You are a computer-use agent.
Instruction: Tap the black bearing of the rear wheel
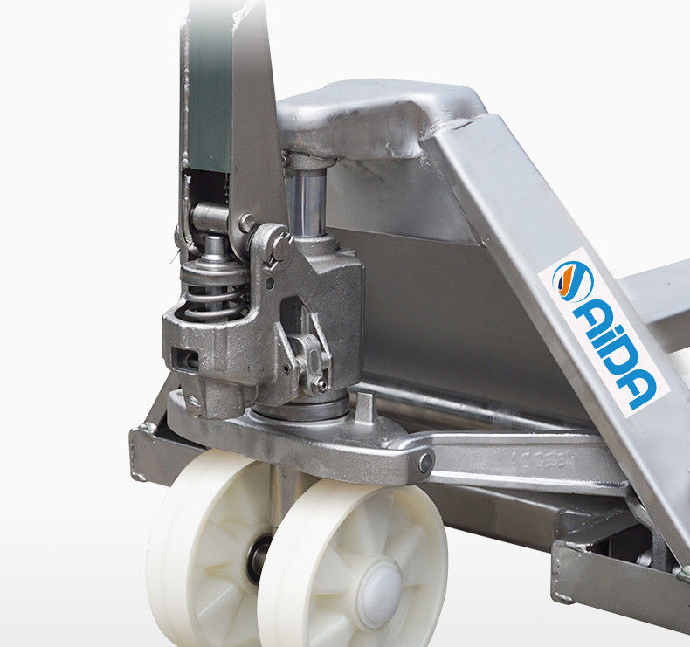[257, 559]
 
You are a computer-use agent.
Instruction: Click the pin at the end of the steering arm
[425, 463]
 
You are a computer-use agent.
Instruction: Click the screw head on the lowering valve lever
[321, 386]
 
